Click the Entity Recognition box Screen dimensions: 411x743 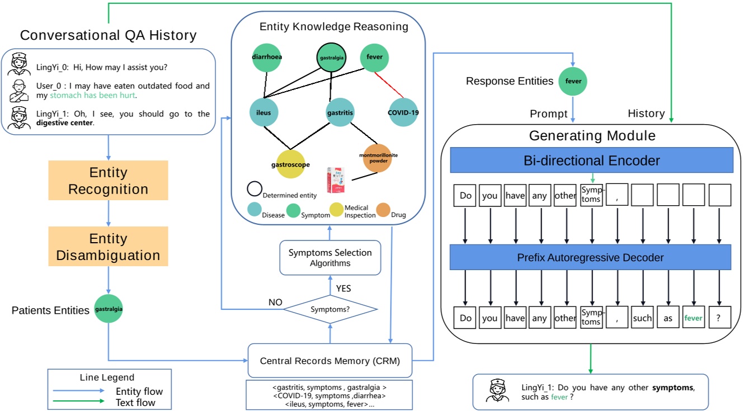pos(108,180)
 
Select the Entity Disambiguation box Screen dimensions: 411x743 pos(108,246)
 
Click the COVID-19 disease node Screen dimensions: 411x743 pos(403,112)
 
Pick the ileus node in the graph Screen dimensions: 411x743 pos(264,113)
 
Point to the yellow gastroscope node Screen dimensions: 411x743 pos(290,164)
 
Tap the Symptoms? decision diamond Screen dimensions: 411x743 pos(330,309)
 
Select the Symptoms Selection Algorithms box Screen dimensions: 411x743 pos(330,257)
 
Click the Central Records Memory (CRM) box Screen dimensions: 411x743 pos(330,361)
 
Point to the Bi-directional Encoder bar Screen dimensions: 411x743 pos(591,161)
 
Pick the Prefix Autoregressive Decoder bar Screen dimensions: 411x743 pos(591,257)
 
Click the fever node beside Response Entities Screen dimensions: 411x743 pos(573,81)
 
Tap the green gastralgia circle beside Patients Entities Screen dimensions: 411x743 pos(109,308)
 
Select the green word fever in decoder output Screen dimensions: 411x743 pos(693,318)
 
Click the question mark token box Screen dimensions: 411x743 pos(720,318)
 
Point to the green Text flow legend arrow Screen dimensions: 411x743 pos(78,401)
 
